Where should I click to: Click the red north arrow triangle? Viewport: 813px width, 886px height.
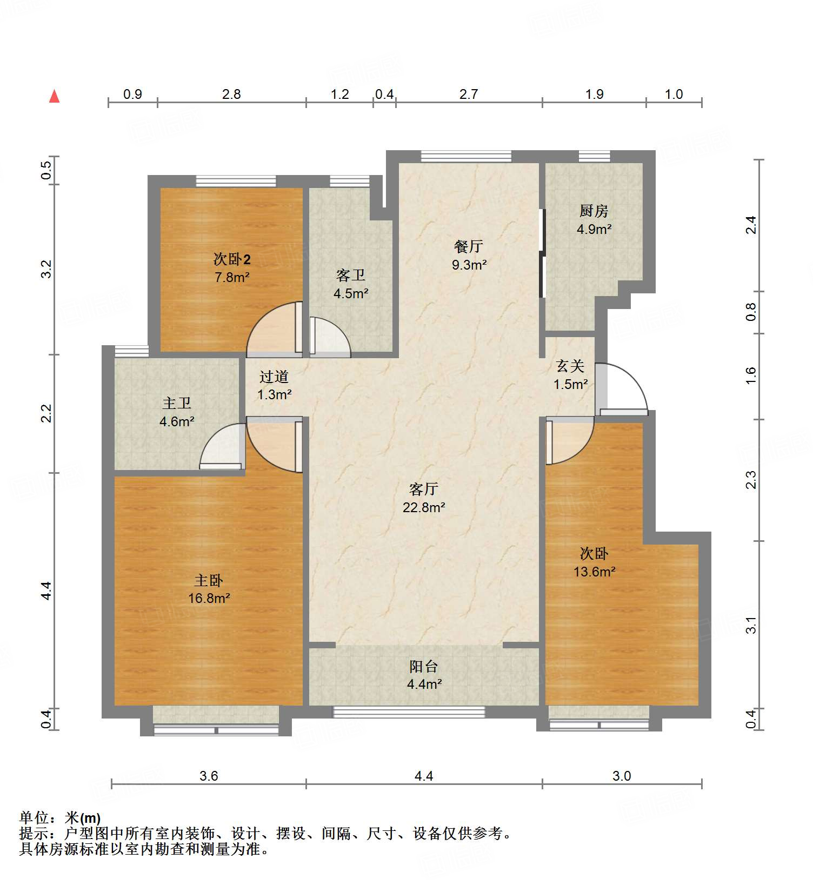[54, 97]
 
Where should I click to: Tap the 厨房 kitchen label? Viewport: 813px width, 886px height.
[594, 211]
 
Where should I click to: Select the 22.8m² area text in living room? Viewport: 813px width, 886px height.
[424, 507]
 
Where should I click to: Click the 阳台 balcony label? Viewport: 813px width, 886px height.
[423, 666]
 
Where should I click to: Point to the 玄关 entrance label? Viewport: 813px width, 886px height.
[570, 366]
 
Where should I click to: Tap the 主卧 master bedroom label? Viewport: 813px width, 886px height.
[209, 581]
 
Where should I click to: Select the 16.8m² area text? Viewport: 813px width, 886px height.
[209, 599]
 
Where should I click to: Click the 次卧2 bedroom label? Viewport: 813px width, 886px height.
[232, 259]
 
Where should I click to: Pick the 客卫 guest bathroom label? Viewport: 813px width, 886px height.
[351, 276]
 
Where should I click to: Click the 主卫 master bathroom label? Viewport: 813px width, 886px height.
[177, 403]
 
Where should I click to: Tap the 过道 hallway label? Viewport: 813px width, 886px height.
[274, 377]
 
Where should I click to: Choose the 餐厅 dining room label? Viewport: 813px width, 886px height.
[469, 246]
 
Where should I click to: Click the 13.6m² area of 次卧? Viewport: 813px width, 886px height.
[595, 572]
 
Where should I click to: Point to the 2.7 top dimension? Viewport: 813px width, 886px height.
[469, 95]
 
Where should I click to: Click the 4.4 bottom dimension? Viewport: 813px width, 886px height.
[424, 776]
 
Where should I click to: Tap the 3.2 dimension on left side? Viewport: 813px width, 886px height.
[47, 269]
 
